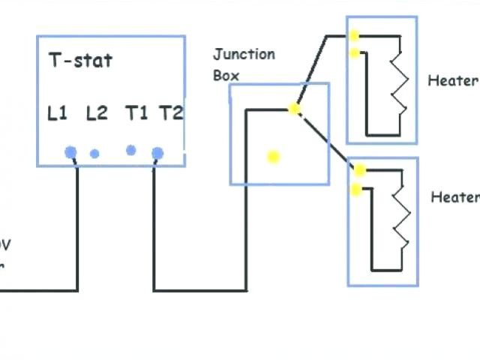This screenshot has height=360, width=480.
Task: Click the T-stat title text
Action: (80, 60)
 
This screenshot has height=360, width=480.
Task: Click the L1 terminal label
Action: (57, 113)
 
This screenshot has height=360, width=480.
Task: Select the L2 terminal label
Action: (97, 113)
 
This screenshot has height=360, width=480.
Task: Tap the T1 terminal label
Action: (136, 113)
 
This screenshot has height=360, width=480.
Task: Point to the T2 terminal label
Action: (171, 113)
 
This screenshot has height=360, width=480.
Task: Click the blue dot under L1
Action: (70, 152)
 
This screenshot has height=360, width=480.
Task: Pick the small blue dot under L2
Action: (94, 154)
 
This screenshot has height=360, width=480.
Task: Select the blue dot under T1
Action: (130, 150)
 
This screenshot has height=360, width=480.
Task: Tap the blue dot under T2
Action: (157, 154)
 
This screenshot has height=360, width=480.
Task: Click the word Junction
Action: (244, 55)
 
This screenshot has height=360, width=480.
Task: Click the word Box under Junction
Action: (226, 76)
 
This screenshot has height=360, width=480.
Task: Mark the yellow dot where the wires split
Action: (294, 109)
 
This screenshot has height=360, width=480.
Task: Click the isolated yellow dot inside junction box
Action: (273, 156)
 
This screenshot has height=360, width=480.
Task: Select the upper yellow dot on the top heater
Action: (353, 35)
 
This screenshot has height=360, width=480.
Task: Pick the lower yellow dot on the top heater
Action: (354, 52)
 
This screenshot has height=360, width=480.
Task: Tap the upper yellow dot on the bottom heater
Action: (360, 170)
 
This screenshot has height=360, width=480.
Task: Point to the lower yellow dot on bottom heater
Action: (356, 189)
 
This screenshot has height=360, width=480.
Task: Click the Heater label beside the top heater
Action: (452, 80)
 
